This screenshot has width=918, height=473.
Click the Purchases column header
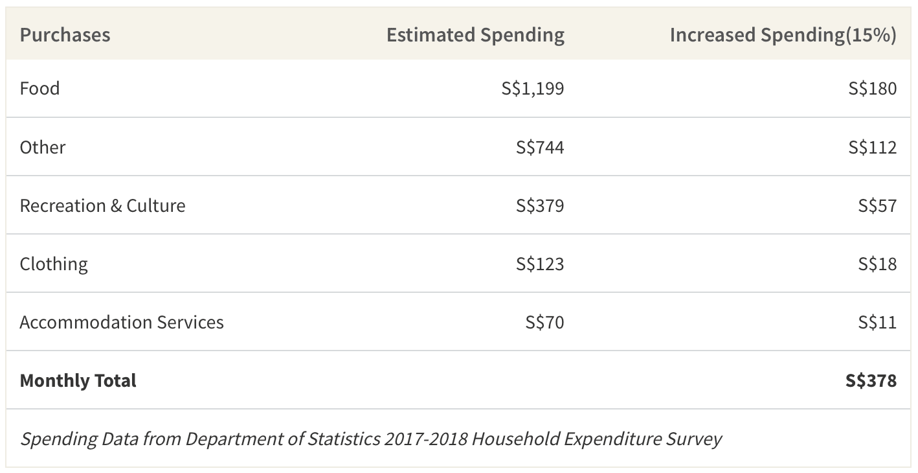click(65, 34)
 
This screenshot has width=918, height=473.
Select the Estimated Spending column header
click(475, 35)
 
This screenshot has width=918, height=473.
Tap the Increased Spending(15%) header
click(783, 35)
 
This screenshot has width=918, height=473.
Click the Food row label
click(39, 88)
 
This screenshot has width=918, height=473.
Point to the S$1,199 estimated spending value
click(533, 89)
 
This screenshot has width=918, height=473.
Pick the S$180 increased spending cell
click(873, 89)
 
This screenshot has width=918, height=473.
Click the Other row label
click(43, 147)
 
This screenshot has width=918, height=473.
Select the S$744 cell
click(540, 147)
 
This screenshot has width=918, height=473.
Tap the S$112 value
click(873, 147)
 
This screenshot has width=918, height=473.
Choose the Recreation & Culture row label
click(102, 205)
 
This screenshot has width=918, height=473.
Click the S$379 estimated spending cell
click(540, 205)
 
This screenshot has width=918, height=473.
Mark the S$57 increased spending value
click(877, 205)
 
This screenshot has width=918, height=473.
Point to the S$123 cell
click(540, 264)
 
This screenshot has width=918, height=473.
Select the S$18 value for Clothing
click(877, 264)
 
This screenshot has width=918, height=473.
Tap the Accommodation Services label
click(122, 323)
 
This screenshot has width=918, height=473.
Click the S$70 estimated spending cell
click(545, 322)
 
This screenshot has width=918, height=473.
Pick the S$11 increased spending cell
click(877, 322)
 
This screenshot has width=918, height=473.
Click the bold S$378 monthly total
click(871, 381)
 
